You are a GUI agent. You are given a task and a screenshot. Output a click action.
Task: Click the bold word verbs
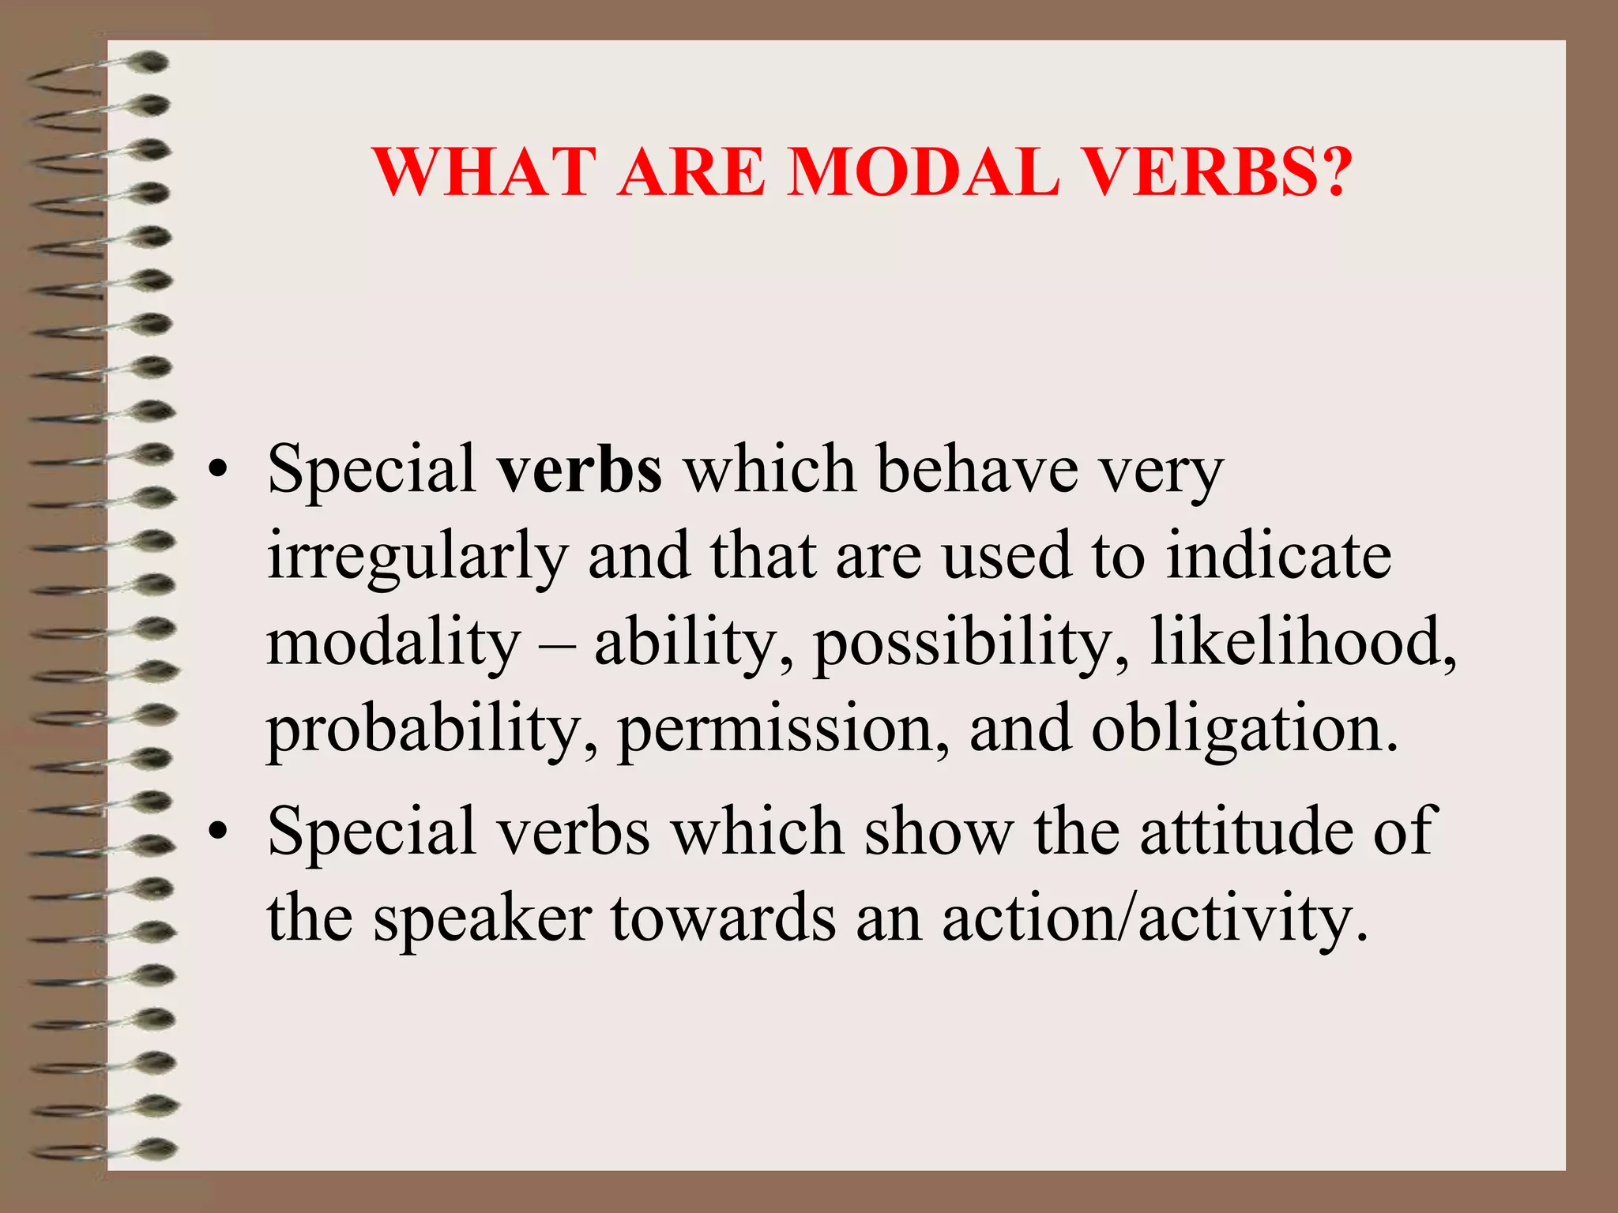579,469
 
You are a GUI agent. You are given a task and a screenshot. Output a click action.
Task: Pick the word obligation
1244,731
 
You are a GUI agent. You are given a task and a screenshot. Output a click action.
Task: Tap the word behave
978,469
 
